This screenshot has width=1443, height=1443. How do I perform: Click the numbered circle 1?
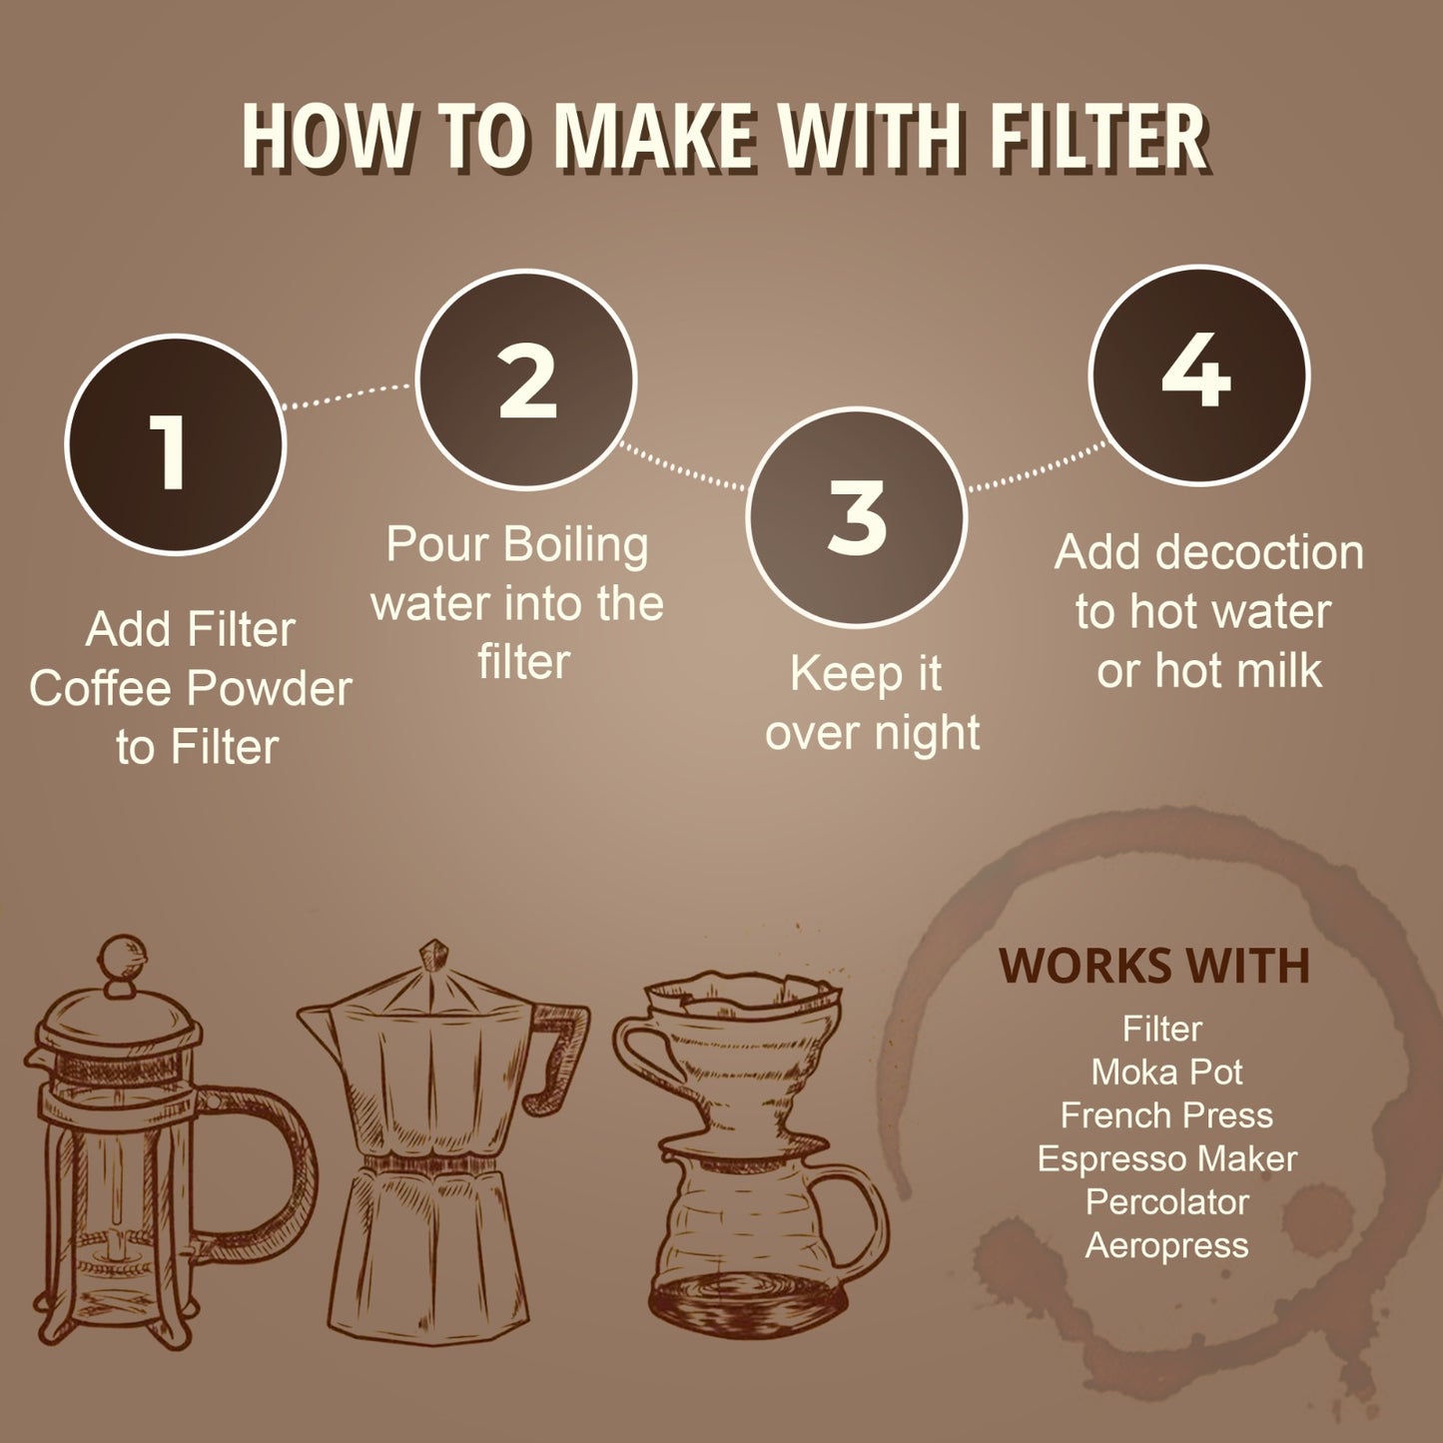[x=176, y=444]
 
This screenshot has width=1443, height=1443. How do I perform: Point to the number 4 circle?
[x=1199, y=374]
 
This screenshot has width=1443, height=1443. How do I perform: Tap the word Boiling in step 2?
[x=575, y=544]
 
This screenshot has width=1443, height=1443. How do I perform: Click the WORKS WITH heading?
[x=1154, y=965]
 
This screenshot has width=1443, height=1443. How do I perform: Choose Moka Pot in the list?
[x=1166, y=1072]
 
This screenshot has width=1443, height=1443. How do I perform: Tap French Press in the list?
[x=1166, y=1115]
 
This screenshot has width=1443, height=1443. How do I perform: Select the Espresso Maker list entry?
[x=1166, y=1158]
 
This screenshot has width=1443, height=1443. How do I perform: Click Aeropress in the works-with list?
[x=1166, y=1245]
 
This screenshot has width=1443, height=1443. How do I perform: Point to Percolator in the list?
[x=1166, y=1202]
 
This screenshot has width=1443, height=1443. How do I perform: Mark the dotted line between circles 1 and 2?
[x=349, y=396]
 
